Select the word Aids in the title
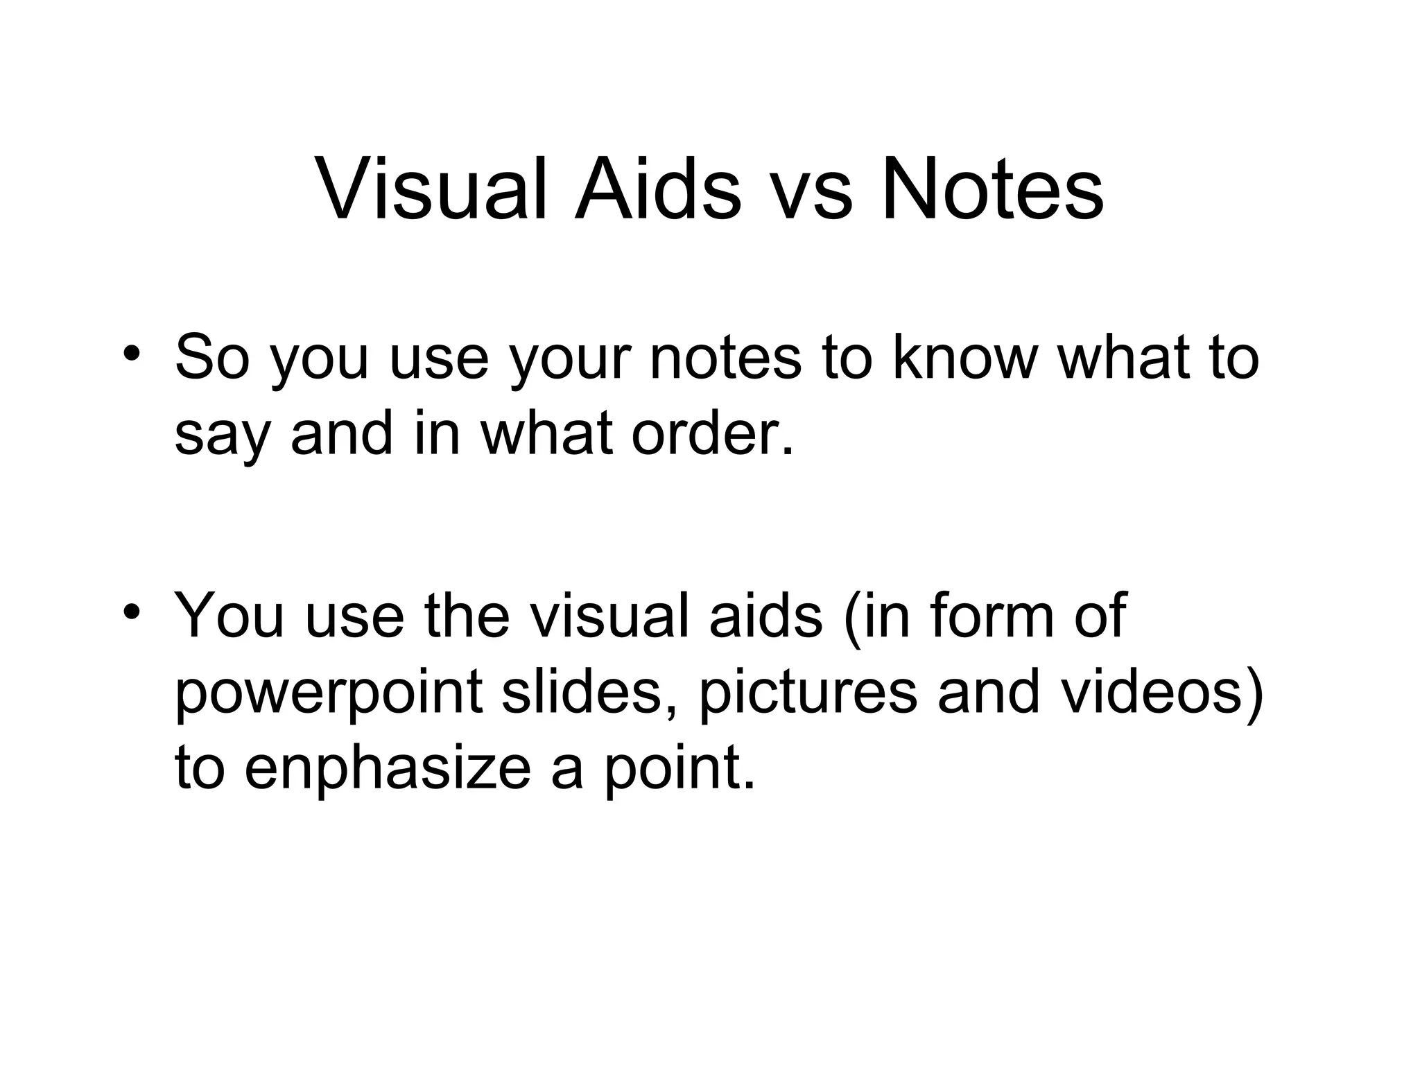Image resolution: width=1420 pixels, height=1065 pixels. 657,189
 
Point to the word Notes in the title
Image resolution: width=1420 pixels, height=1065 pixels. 993,189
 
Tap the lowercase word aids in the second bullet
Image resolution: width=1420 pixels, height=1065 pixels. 765,615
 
